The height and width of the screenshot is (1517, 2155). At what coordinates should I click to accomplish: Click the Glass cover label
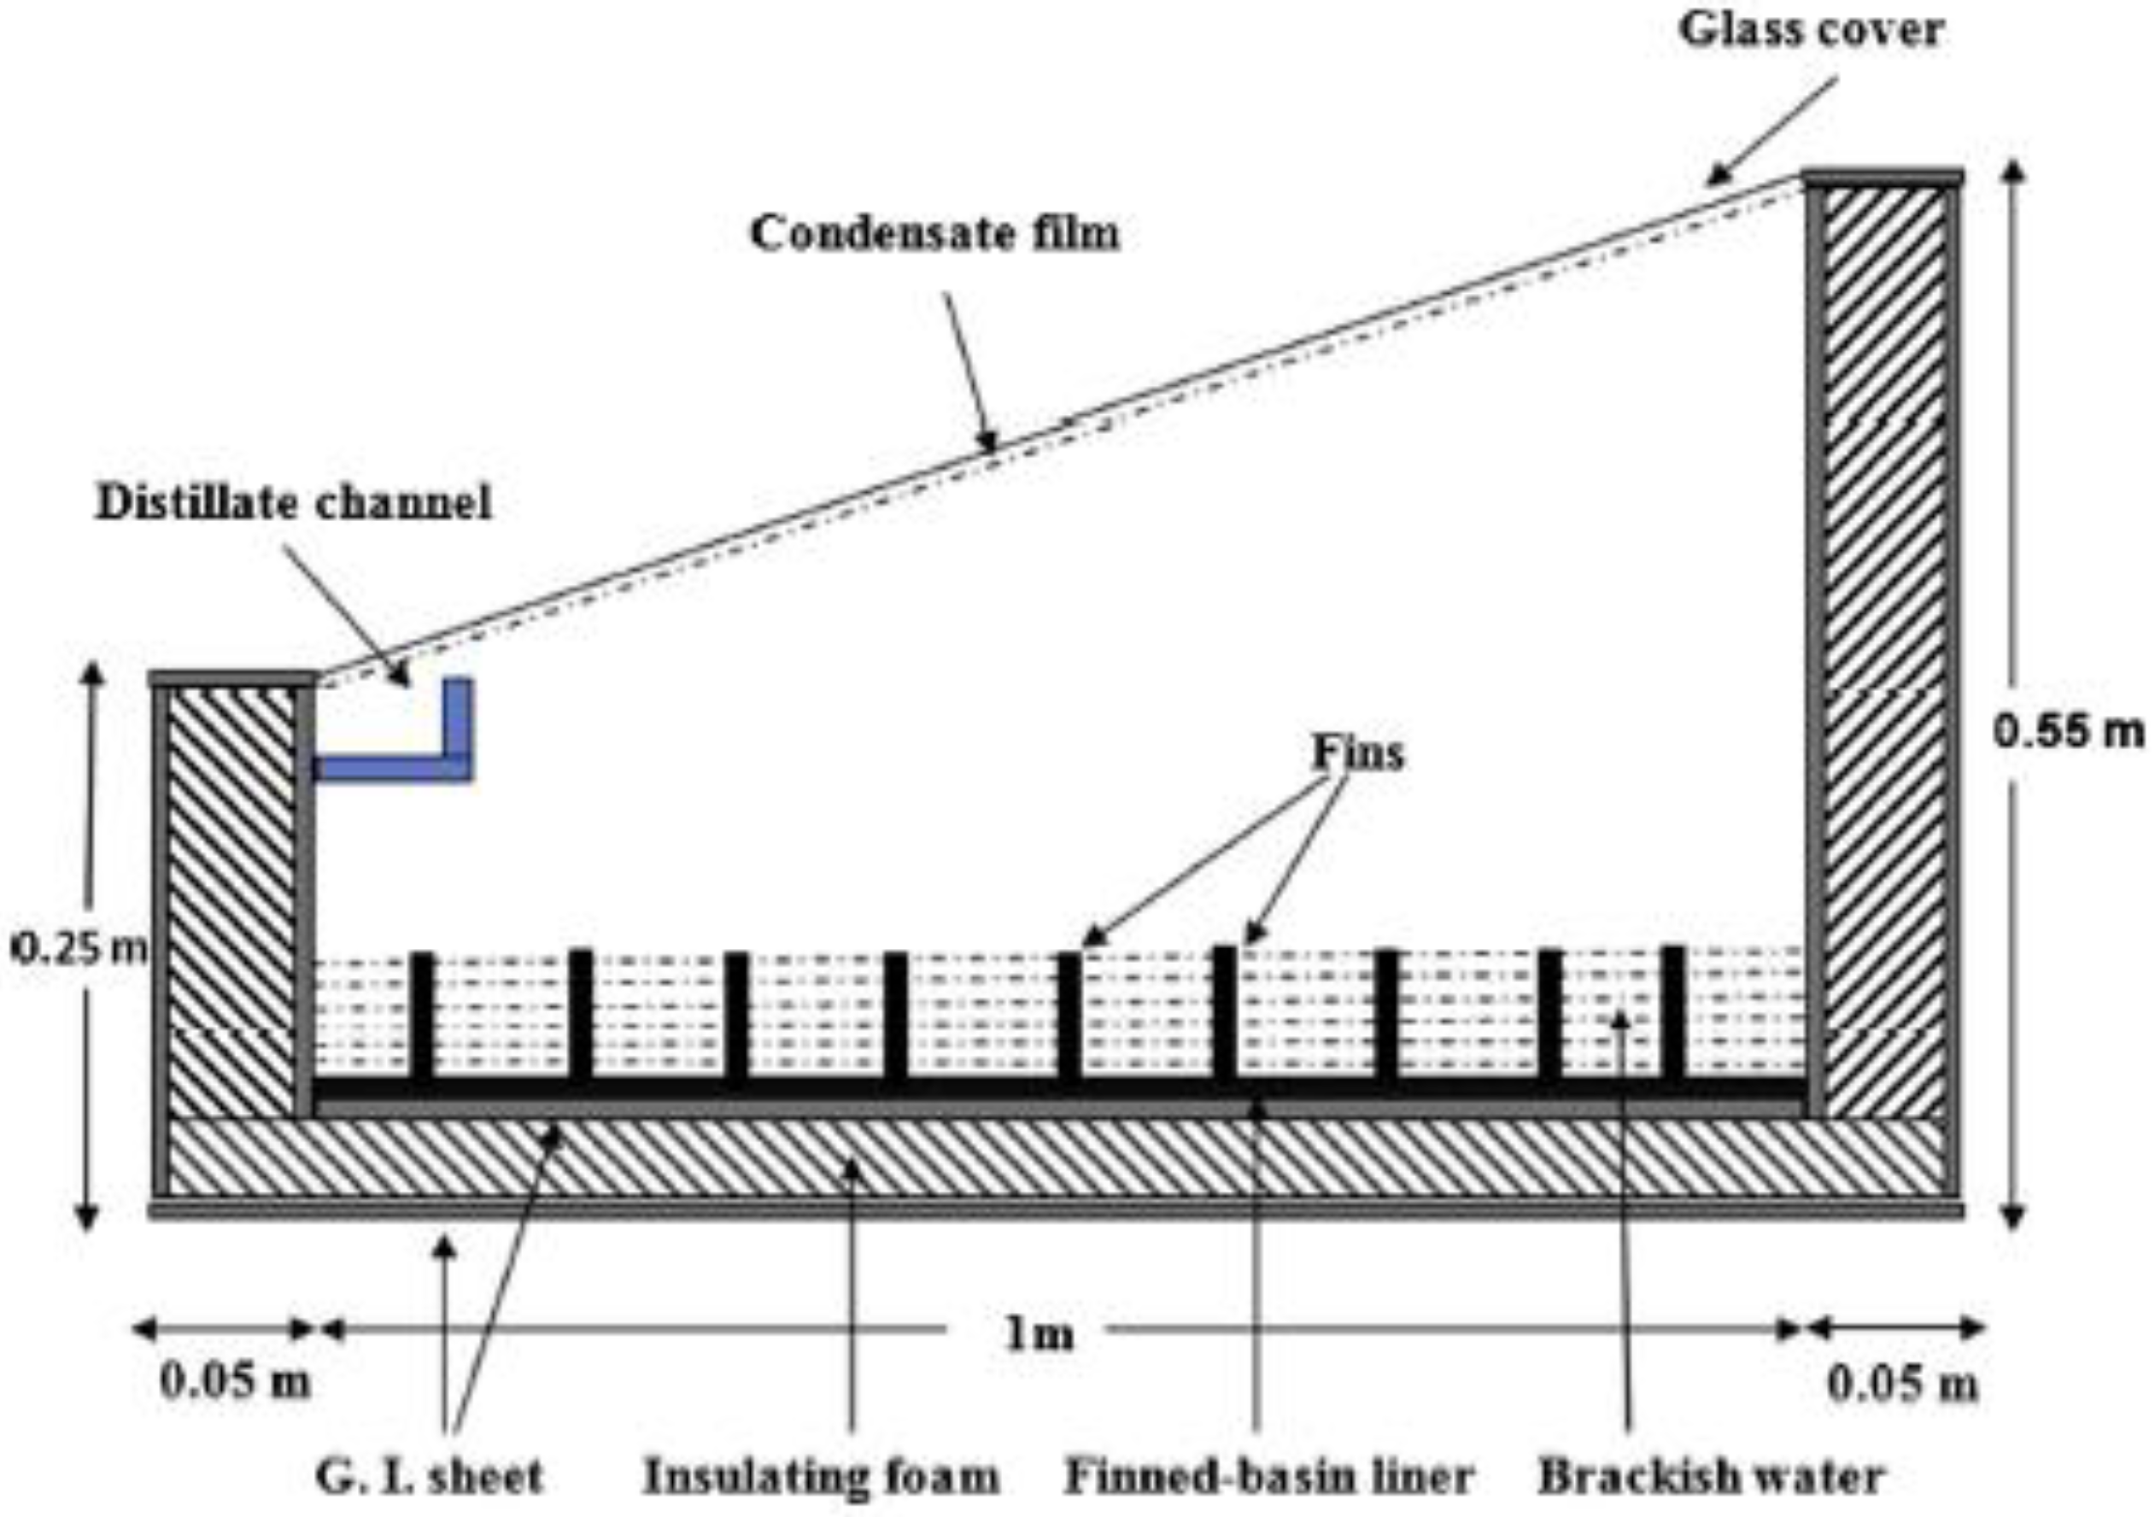(1811, 30)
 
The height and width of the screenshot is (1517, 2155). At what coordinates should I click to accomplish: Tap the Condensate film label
(934, 233)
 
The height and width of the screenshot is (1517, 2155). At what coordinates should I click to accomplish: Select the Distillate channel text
(294, 503)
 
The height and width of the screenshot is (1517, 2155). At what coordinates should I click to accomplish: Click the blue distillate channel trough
(395, 766)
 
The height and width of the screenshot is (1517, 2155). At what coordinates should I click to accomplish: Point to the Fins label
(1357, 752)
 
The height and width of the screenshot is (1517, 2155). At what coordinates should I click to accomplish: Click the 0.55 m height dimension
(2068, 732)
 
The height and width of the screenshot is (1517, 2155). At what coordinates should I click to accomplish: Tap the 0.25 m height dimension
(79, 949)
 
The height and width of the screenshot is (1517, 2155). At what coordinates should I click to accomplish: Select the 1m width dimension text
(1038, 1333)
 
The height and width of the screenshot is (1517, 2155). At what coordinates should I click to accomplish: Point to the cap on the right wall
(1882, 178)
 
